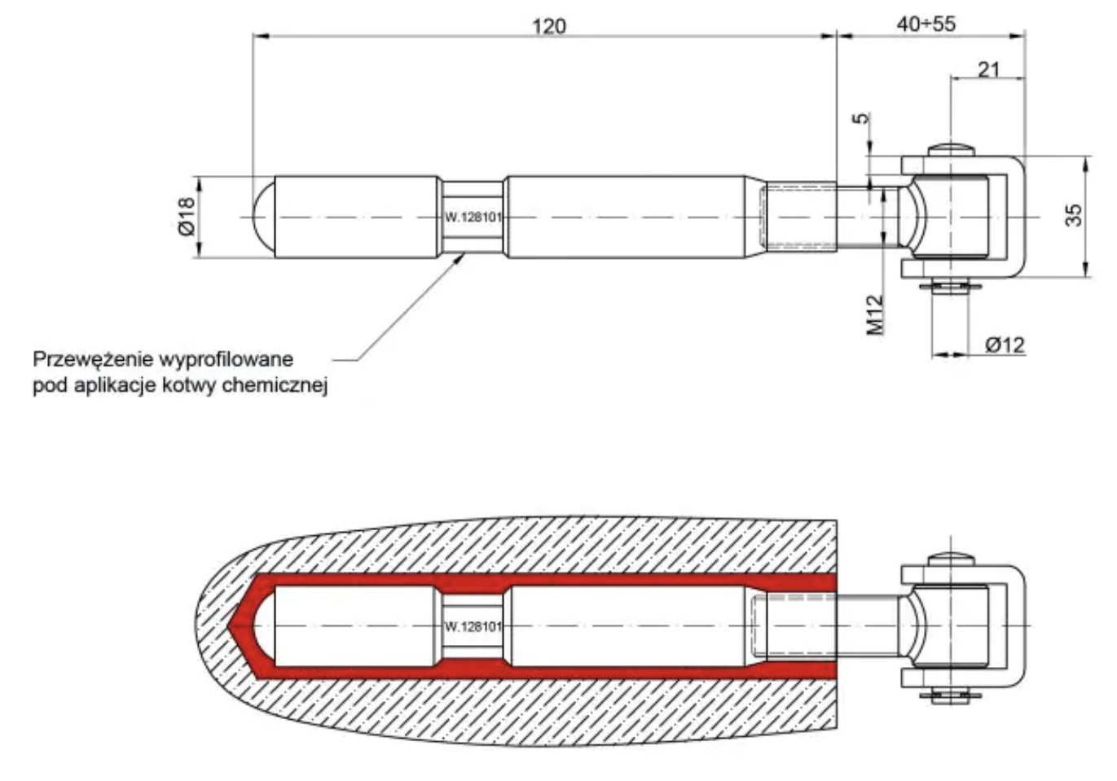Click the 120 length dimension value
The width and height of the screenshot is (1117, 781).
[548, 26]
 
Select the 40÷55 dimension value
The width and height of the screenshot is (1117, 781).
[926, 24]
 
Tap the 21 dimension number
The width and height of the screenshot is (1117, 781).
[988, 69]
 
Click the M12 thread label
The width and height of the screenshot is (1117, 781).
[875, 314]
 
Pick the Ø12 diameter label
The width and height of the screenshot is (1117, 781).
[1005, 344]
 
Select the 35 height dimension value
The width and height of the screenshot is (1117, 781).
[1075, 215]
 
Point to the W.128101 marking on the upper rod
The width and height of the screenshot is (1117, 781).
[473, 217]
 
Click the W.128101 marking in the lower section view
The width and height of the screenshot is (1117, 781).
[473, 626]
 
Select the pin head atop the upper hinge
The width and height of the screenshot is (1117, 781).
[950, 149]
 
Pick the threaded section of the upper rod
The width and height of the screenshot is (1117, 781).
[799, 217]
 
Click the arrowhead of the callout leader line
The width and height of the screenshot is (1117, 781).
[462, 257]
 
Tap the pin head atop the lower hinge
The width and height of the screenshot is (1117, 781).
[950, 558]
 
